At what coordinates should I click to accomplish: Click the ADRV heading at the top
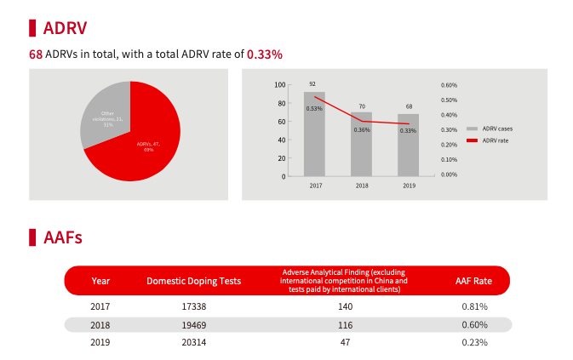point(64,27)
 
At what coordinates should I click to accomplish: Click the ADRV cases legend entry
point(496,129)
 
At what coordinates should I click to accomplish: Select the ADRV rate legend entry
point(495,140)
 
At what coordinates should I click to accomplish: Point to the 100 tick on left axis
point(280,85)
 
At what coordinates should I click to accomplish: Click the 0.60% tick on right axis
point(449,85)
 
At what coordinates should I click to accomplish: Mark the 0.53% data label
point(314,109)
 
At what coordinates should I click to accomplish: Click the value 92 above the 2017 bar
point(312,84)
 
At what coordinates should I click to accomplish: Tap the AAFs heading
point(62,237)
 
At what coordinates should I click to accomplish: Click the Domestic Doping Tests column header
point(193,281)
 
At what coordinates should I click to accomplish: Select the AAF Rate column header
point(473,281)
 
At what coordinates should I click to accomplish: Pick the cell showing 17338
point(194,306)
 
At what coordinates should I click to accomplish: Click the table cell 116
point(345,325)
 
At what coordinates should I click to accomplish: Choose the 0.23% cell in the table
point(474,342)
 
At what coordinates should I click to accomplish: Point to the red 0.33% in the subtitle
point(264,54)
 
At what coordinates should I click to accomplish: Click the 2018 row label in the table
point(100,325)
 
